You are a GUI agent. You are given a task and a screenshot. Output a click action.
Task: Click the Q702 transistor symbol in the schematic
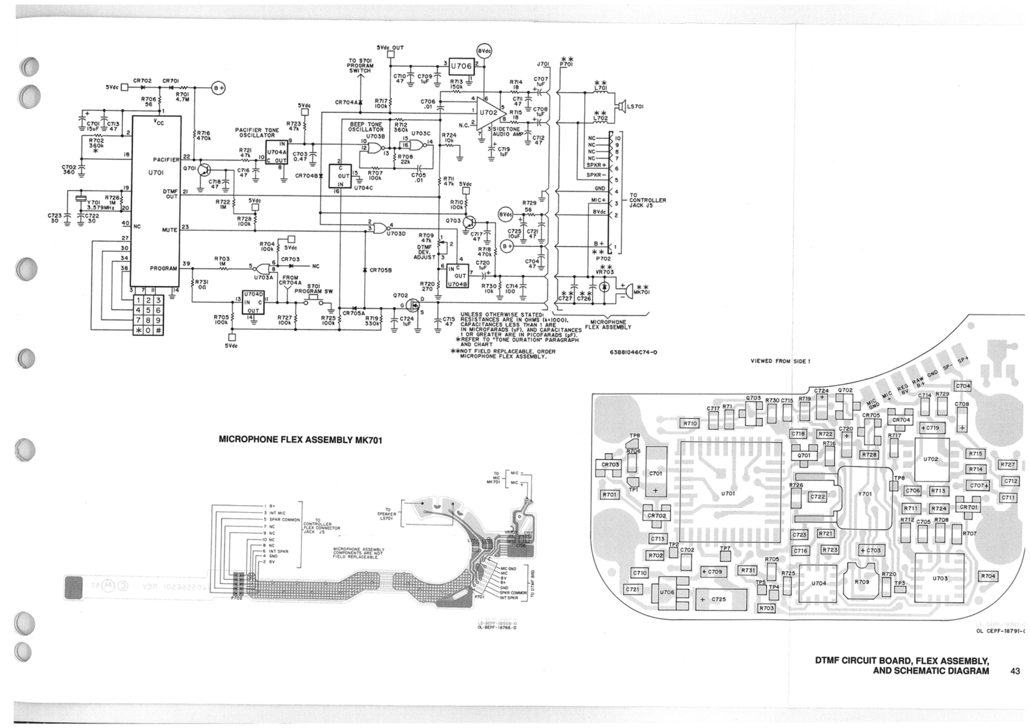(412, 306)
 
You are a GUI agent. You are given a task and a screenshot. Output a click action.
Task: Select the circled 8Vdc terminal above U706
(485, 51)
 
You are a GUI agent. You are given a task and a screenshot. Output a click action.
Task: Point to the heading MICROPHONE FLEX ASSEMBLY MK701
(300, 440)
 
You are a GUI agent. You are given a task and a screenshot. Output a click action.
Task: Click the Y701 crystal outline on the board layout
(864, 494)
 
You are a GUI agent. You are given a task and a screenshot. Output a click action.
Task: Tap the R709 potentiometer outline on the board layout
(861, 582)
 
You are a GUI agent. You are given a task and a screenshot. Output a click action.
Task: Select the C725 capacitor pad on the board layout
(721, 599)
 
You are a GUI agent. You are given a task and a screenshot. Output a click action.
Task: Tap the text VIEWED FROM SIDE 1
(780, 361)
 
